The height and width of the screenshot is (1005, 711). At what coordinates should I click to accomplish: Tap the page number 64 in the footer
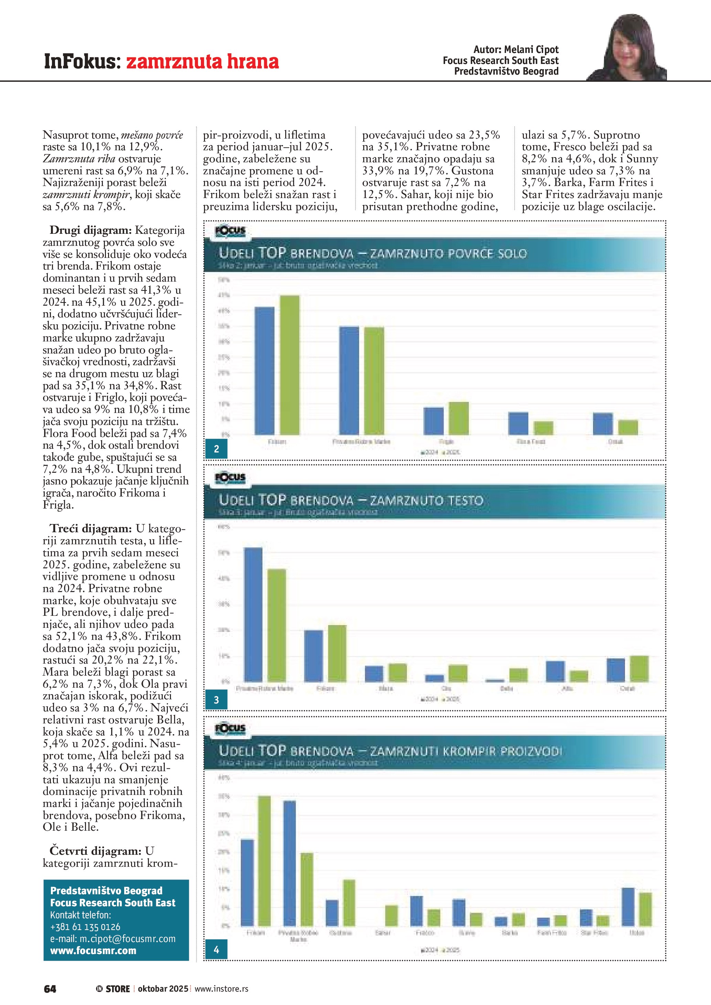[x=50, y=988]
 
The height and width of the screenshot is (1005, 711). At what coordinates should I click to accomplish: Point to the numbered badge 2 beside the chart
[x=216, y=449]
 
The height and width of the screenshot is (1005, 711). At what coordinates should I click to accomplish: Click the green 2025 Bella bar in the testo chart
[x=518, y=675]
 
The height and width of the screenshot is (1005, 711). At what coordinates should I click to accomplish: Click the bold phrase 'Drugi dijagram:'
[x=90, y=230]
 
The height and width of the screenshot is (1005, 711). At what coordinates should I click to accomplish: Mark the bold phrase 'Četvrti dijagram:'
[x=95, y=851]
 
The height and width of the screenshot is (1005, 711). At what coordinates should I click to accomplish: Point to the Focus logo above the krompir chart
[x=230, y=729]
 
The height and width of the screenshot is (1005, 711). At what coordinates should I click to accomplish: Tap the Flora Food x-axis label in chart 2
[x=531, y=442]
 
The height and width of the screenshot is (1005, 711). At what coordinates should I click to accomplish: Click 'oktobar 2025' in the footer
[x=163, y=988]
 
